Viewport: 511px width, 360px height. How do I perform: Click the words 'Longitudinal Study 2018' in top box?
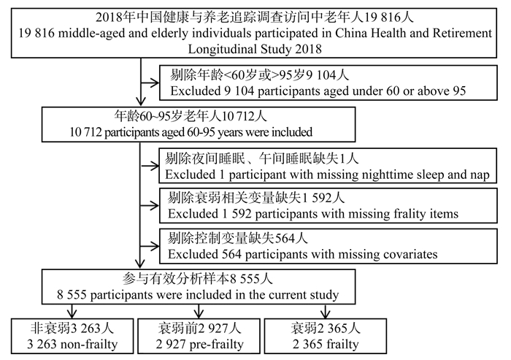[x=255, y=49]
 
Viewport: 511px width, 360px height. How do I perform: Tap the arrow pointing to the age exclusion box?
[x=150, y=83]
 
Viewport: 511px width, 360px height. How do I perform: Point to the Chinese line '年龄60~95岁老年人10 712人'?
[x=191, y=116]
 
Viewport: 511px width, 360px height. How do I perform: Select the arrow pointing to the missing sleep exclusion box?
[x=150, y=166]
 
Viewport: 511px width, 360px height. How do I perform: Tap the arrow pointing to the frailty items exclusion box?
[x=150, y=206]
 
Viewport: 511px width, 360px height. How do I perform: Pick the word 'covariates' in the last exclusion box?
[x=410, y=254]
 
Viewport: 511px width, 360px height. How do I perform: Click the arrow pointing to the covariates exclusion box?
[x=150, y=246]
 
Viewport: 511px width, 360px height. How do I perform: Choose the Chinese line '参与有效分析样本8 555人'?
[x=198, y=279]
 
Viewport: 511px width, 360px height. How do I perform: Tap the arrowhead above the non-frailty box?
[x=72, y=313]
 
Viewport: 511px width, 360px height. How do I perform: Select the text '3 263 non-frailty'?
[x=72, y=345]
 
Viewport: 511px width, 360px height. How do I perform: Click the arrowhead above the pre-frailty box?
[x=199, y=313]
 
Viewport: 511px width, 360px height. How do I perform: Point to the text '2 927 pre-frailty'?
[x=199, y=345]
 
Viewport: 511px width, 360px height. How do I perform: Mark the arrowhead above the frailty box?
[x=326, y=313]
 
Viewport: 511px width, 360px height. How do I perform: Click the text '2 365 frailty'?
[x=326, y=345]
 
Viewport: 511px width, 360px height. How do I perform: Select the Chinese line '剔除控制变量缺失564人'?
[x=237, y=238]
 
